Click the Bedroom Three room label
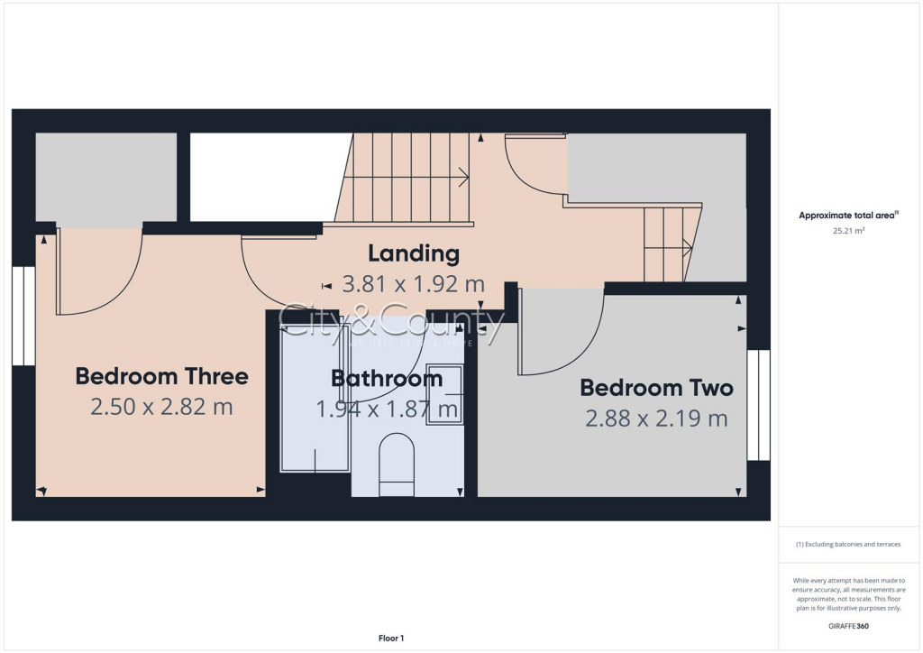coord(161,375)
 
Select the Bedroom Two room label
coord(656,388)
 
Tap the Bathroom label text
coord(387,378)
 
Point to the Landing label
coord(414,253)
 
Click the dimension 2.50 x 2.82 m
coord(161,407)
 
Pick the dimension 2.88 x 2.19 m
coord(656,418)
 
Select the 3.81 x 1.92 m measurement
coord(414,285)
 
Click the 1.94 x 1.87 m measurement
coord(387,409)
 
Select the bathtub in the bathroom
coord(315,400)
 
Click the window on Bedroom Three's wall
coord(23,316)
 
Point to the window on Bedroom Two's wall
coord(759,405)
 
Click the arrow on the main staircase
coord(462,178)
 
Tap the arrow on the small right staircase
coord(687,245)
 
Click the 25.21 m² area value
coord(847,231)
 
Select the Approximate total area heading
coord(849,215)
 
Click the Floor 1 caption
coord(390,639)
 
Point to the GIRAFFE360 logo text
coord(848,625)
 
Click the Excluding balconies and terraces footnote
coord(847,544)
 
